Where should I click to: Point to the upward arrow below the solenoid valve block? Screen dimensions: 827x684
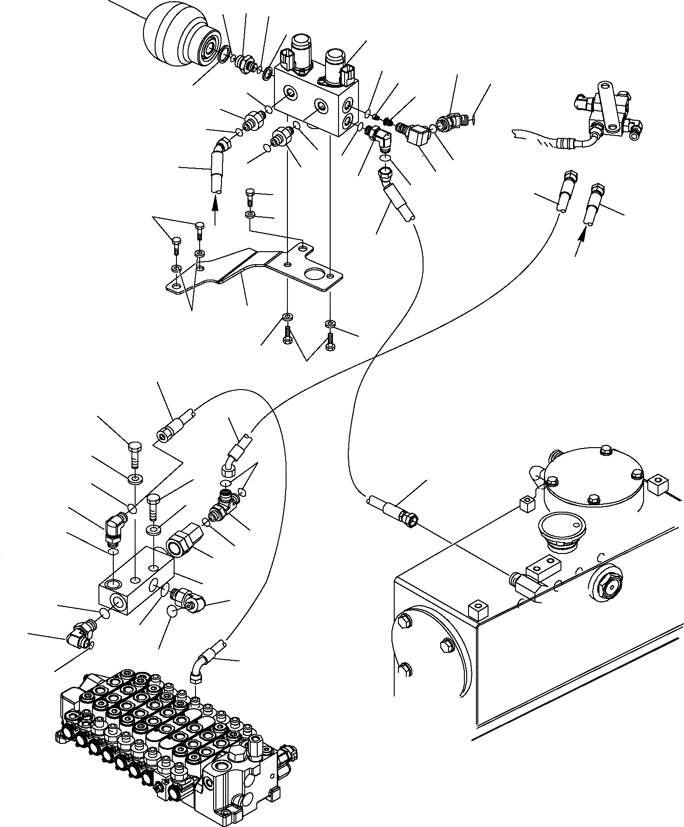click(x=215, y=208)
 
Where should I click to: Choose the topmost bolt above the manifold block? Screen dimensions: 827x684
click(x=134, y=452)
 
